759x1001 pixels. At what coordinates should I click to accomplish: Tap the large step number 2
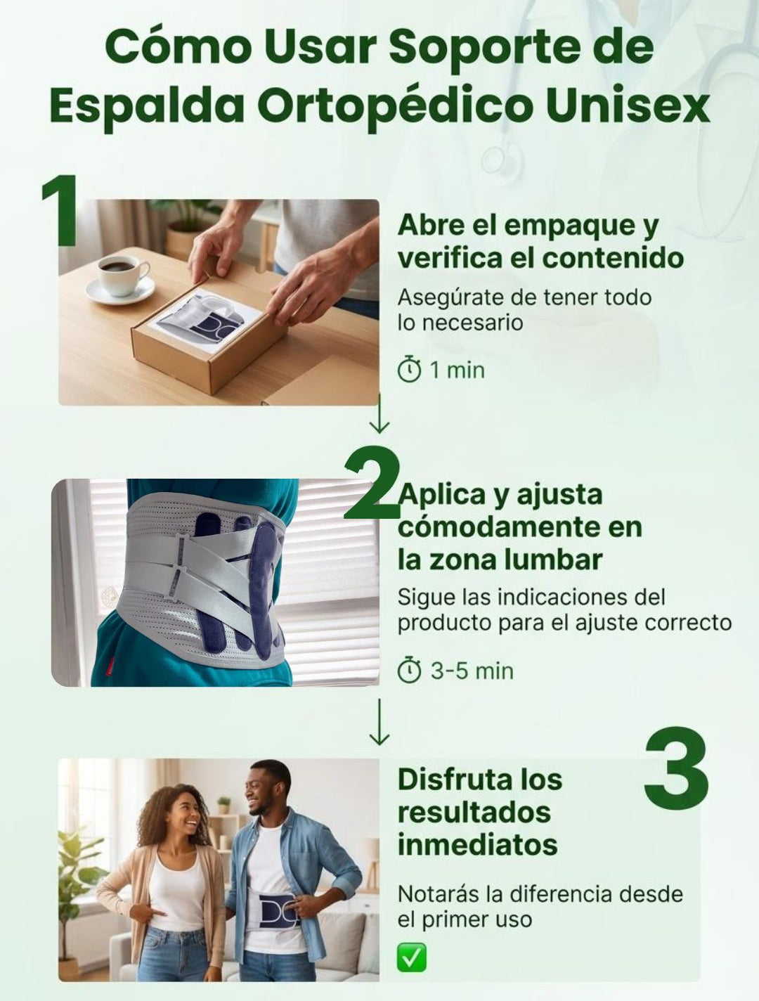(x=372, y=484)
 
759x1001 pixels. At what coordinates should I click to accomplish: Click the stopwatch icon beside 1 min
(x=409, y=370)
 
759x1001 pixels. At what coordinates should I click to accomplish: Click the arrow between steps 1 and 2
(x=379, y=414)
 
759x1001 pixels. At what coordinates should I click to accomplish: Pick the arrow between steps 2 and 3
(x=379, y=722)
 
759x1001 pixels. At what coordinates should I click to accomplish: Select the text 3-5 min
(x=472, y=671)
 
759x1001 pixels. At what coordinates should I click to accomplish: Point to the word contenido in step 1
(x=613, y=258)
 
